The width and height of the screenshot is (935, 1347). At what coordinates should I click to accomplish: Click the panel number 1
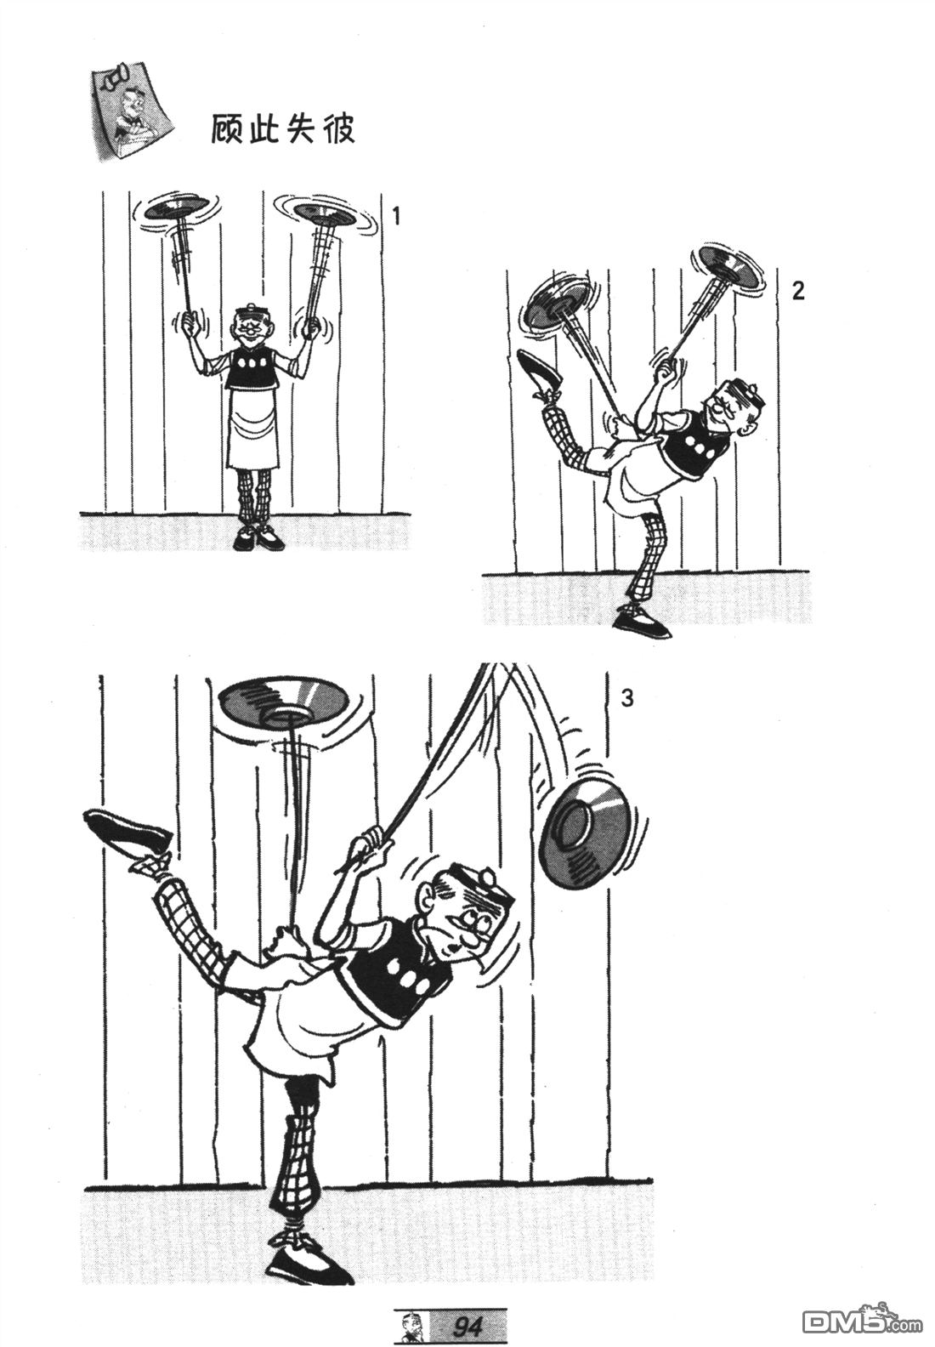click(395, 216)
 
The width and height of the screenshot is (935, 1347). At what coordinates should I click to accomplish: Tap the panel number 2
click(797, 291)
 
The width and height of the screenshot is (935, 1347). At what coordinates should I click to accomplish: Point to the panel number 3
click(626, 699)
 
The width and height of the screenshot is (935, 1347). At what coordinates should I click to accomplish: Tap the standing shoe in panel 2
click(642, 621)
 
